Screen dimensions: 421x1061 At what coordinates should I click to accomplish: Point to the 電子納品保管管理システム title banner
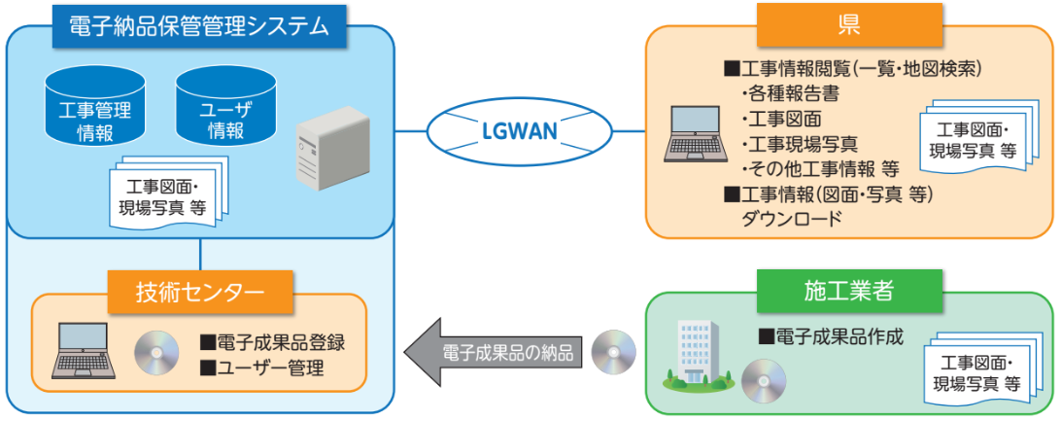(199, 26)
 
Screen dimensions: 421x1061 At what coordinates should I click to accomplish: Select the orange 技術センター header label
(199, 291)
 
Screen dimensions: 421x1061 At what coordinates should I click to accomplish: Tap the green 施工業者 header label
(848, 290)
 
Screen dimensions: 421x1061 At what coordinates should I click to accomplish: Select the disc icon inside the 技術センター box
(156, 352)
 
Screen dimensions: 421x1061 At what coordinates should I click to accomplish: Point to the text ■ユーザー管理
(261, 368)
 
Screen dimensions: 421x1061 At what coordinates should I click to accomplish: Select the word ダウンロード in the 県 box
(791, 219)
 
